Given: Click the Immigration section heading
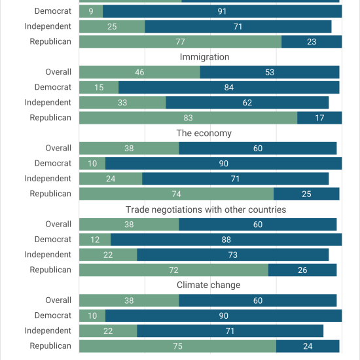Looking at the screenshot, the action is click(204, 57).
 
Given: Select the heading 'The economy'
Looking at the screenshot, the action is click(204, 133).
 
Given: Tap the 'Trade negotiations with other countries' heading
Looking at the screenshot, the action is click(206, 209).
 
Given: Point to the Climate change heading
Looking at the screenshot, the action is click(208, 285).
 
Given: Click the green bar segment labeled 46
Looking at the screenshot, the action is click(139, 72).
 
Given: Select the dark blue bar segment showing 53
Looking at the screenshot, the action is click(270, 72).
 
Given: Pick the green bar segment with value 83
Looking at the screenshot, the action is click(188, 118).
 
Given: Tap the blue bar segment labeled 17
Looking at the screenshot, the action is click(319, 118).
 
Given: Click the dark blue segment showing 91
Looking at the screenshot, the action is click(222, 11).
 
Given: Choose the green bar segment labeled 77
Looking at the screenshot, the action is click(180, 41).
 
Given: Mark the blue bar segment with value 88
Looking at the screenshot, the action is click(226, 240).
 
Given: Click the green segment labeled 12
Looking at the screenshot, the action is click(95, 240).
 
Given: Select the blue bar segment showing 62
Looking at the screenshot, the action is click(247, 102).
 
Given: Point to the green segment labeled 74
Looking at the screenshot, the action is click(176, 194).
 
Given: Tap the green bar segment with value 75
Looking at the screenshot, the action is click(177, 346).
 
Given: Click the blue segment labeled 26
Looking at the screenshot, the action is click(302, 270).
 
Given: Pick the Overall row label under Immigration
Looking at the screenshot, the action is click(58, 72).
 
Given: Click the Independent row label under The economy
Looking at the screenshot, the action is click(48, 179).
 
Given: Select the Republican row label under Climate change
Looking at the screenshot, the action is click(50, 346).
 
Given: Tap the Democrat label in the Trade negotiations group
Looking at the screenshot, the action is click(53, 240).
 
